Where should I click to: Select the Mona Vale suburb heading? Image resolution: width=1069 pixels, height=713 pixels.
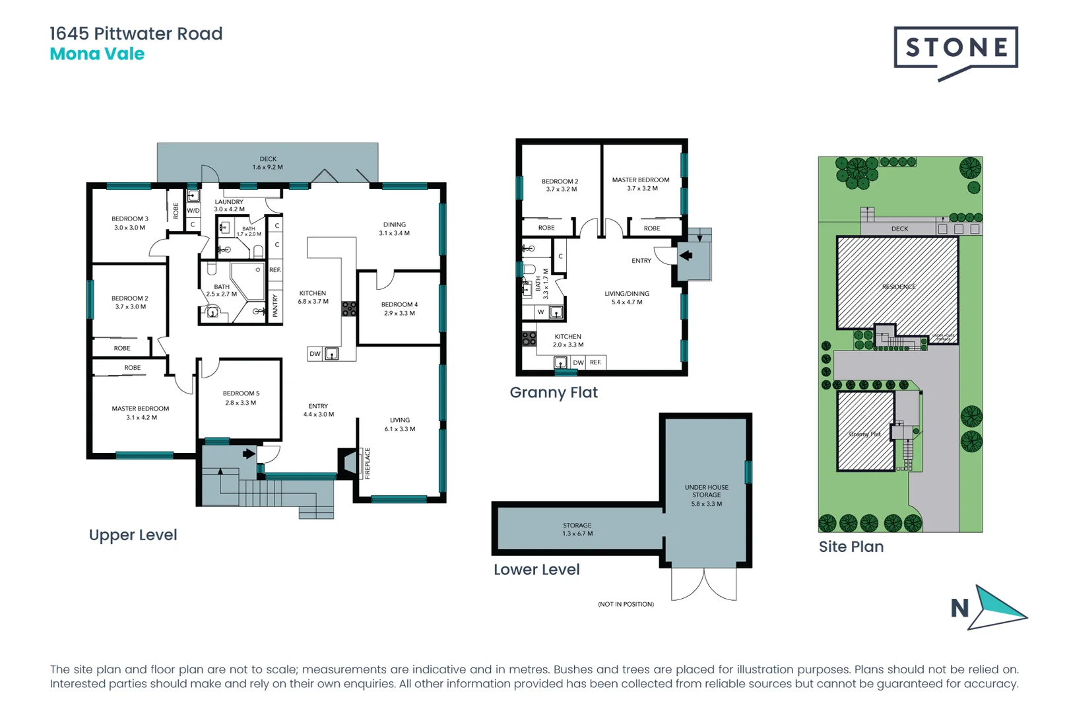point(97,54)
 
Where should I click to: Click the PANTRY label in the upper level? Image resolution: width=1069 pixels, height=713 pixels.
point(276,306)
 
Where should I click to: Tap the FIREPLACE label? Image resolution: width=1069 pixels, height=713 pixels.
point(368,463)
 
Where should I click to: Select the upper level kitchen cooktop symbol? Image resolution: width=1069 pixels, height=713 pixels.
point(349,308)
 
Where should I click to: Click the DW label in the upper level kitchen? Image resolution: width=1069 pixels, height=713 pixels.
point(315,354)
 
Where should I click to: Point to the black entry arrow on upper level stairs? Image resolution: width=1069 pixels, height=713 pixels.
point(249,454)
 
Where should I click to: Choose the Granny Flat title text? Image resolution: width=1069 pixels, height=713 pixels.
point(554,393)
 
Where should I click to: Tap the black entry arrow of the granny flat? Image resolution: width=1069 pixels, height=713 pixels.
point(686,255)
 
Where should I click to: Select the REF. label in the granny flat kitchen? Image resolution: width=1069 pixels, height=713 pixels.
point(596,362)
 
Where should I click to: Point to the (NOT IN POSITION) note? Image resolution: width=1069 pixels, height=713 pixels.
point(626,604)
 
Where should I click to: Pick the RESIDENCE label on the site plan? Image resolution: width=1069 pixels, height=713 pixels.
point(899,287)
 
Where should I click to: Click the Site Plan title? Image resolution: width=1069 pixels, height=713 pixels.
point(851,547)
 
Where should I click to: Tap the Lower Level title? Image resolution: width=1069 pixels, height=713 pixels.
point(536,570)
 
